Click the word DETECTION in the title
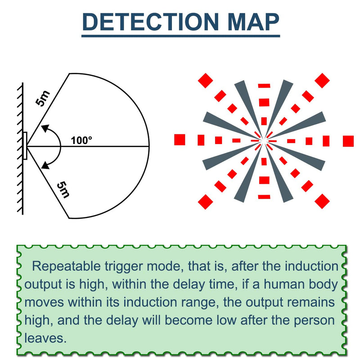point(150,22)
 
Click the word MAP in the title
point(253,22)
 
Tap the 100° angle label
point(81,140)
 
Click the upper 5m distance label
point(43,99)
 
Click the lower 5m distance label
point(63,189)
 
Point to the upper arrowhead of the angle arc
point(45,128)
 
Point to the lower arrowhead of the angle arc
point(45,165)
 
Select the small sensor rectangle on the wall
point(25,145)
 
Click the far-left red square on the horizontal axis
point(180,140)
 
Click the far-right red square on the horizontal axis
point(348,141)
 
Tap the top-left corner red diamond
point(206,81)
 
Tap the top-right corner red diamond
point(322,81)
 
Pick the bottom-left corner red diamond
point(206,202)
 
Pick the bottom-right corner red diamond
point(322,201)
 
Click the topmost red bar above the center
point(264,85)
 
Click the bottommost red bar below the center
point(264,197)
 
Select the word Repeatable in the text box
point(66,266)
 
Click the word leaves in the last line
point(45,338)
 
